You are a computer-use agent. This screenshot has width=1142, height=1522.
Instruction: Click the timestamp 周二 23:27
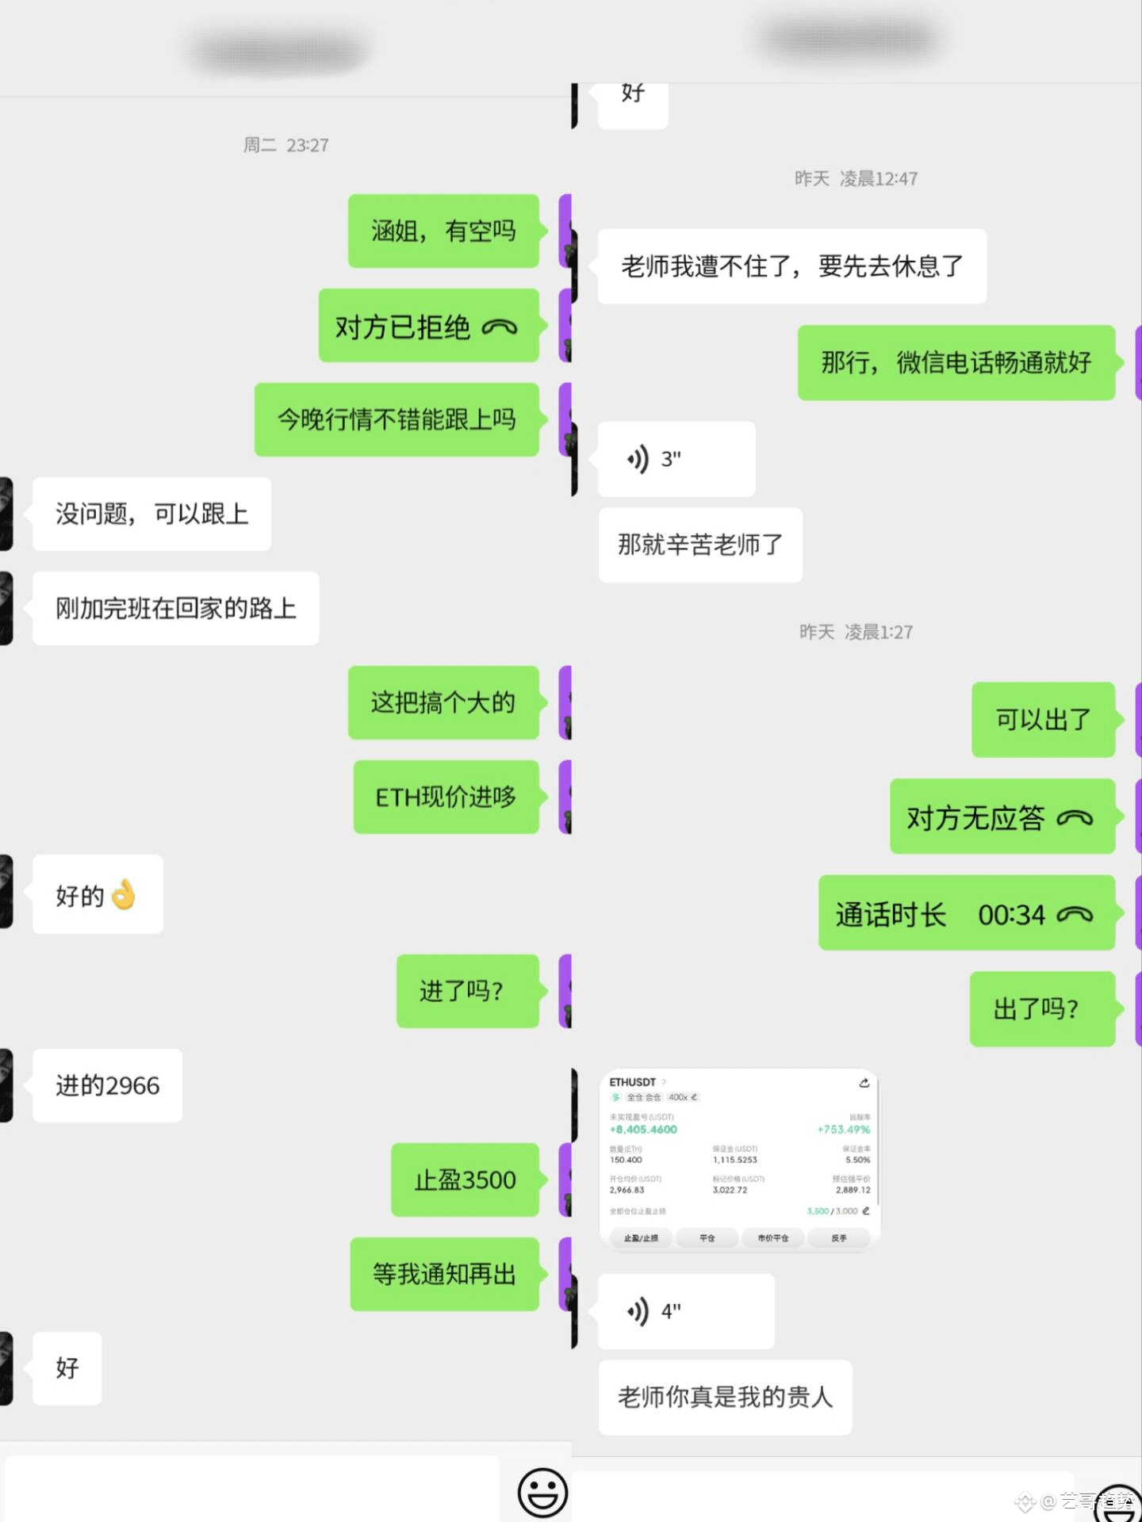point(285,145)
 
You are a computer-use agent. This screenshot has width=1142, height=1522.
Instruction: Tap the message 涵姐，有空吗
point(443,231)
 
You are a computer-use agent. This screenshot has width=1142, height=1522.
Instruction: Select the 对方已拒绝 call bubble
point(428,326)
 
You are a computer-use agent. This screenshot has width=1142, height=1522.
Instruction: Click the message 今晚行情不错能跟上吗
point(397,419)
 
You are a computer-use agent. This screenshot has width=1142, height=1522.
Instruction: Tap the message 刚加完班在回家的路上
point(175,608)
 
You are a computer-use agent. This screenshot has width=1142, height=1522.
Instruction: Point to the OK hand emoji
point(124,895)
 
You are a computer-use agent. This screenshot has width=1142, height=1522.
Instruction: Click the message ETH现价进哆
point(446,797)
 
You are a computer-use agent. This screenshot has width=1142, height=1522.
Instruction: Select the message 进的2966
point(107,1085)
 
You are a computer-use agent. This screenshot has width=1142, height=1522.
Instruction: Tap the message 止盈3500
point(465,1180)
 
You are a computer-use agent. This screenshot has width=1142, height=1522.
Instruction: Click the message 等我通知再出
point(444,1274)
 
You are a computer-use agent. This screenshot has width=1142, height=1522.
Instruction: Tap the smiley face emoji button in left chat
point(542,1493)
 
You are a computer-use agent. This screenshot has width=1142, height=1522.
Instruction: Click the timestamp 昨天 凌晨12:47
point(856,178)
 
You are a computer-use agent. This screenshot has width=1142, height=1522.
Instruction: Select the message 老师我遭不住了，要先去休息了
point(791,266)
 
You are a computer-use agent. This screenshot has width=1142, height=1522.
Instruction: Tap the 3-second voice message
point(676,459)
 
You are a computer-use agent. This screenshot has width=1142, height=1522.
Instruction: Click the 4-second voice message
point(685,1311)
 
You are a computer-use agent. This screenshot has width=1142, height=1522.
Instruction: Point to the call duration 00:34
point(1011,915)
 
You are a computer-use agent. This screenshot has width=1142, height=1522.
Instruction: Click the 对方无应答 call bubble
point(1002,817)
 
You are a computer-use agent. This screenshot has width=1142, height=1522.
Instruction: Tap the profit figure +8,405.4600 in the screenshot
point(643,1130)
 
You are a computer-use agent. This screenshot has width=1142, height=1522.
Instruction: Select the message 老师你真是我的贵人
point(725,1397)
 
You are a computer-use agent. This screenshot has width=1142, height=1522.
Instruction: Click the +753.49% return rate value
point(844,1130)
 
